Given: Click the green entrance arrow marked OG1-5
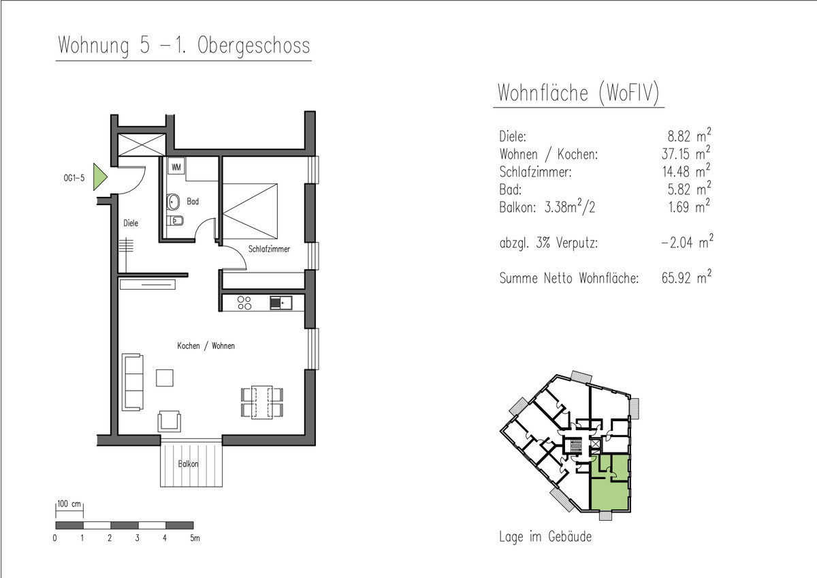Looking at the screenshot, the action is [99, 177].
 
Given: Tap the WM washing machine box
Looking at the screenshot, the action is [176, 167].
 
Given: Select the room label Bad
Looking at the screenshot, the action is [193, 201].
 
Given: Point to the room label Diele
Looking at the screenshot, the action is [131, 223].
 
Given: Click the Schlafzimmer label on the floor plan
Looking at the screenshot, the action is [269, 249].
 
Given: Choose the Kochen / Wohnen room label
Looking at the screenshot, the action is [206, 346].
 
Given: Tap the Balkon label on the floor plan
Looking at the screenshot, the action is [188, 463].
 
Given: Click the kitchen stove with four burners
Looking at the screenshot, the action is [244, 303].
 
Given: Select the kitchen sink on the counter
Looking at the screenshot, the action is [281, 303].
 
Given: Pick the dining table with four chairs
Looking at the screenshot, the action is [262, 402].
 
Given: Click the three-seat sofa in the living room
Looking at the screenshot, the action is [132, 382].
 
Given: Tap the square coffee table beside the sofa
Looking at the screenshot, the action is [165, 378].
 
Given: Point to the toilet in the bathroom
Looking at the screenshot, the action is [175, 221].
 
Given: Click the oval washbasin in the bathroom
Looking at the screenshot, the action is [173, 202].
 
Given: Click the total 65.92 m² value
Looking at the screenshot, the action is [686, 277].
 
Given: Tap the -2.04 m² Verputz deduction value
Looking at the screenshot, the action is [687, 242].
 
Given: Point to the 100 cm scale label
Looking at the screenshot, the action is [69, 504].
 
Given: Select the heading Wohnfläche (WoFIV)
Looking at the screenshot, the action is [579, 93].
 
